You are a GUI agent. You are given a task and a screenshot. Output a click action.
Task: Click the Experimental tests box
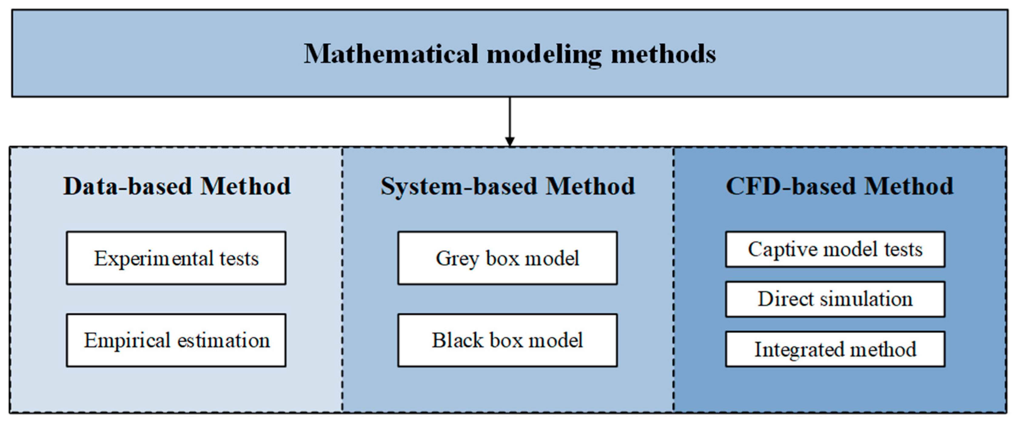pyautogui.click(x=176, y=258)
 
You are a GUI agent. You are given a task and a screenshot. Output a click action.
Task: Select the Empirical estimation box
pyautogui.click(x=176, y=340)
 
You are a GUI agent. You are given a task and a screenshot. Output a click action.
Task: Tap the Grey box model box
pyautogui.click(x=507, y=258)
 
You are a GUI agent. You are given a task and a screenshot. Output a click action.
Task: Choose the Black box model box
pyautogui.click(x=507, y=340)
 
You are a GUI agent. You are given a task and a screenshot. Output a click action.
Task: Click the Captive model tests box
pyautogui.click(x=835, y=249)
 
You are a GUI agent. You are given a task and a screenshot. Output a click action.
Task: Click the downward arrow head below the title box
pyautogui.click(x=510, y=142)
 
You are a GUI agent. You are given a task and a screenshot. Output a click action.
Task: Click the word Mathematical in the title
pyautogui.click(x=391, y=54)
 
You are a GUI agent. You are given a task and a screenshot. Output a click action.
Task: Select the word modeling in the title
pyautogui.click(x=544, y=55)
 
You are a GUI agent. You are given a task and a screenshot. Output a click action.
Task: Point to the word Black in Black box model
pyautogui.click(x=457, y=340)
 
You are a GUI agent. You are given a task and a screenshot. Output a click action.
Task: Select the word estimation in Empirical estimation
pyautogui.click(x=223, y=340)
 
